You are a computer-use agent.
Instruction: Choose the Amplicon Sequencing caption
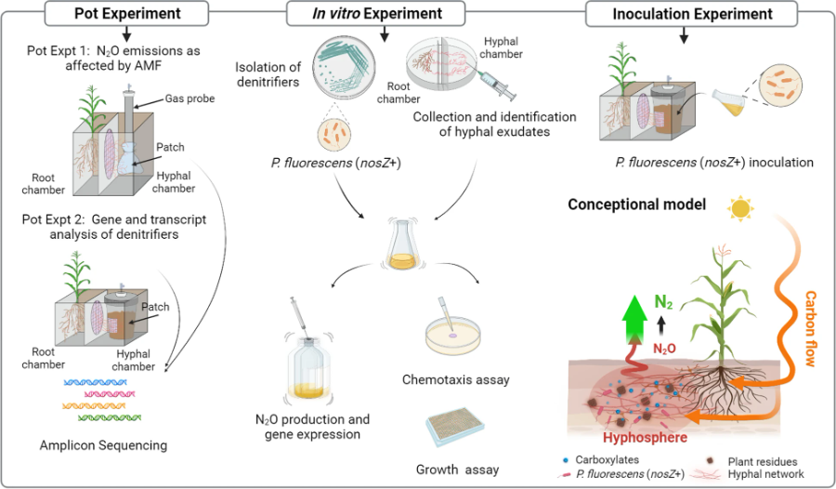[103, 444]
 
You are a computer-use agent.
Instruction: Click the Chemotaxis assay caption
[455, 379]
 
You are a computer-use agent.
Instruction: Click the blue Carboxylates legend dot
[566, 460]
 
